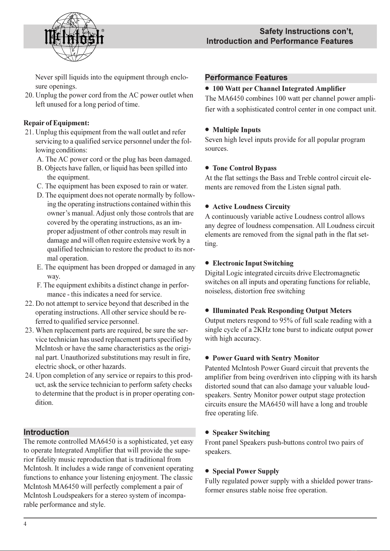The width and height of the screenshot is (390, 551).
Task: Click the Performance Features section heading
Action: point(246,78)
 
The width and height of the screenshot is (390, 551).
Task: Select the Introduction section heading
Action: point(46,432)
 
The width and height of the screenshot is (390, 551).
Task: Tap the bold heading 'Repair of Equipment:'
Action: point(56,123)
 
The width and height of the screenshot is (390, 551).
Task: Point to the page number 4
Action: point(25,524)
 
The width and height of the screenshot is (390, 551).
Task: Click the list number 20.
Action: point(29,95)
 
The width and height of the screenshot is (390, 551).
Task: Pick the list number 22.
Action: point(29,303)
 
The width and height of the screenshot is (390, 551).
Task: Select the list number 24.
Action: point(29,375)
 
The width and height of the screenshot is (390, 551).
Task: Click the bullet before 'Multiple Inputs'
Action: point(207,130)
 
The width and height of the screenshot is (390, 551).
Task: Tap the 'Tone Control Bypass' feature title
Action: point(244,168)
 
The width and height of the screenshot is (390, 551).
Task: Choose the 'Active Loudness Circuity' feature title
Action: point(251,207)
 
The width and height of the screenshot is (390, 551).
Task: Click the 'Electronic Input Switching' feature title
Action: point(253,263)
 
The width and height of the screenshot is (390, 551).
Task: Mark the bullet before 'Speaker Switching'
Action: point(207,433)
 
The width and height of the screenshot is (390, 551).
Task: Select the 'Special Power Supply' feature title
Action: point(246,471)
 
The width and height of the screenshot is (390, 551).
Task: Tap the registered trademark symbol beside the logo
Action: point(103,30)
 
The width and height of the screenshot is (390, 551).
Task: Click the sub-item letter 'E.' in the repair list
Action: point(40,267)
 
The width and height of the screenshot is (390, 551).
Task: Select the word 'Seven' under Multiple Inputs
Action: point(214,140)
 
